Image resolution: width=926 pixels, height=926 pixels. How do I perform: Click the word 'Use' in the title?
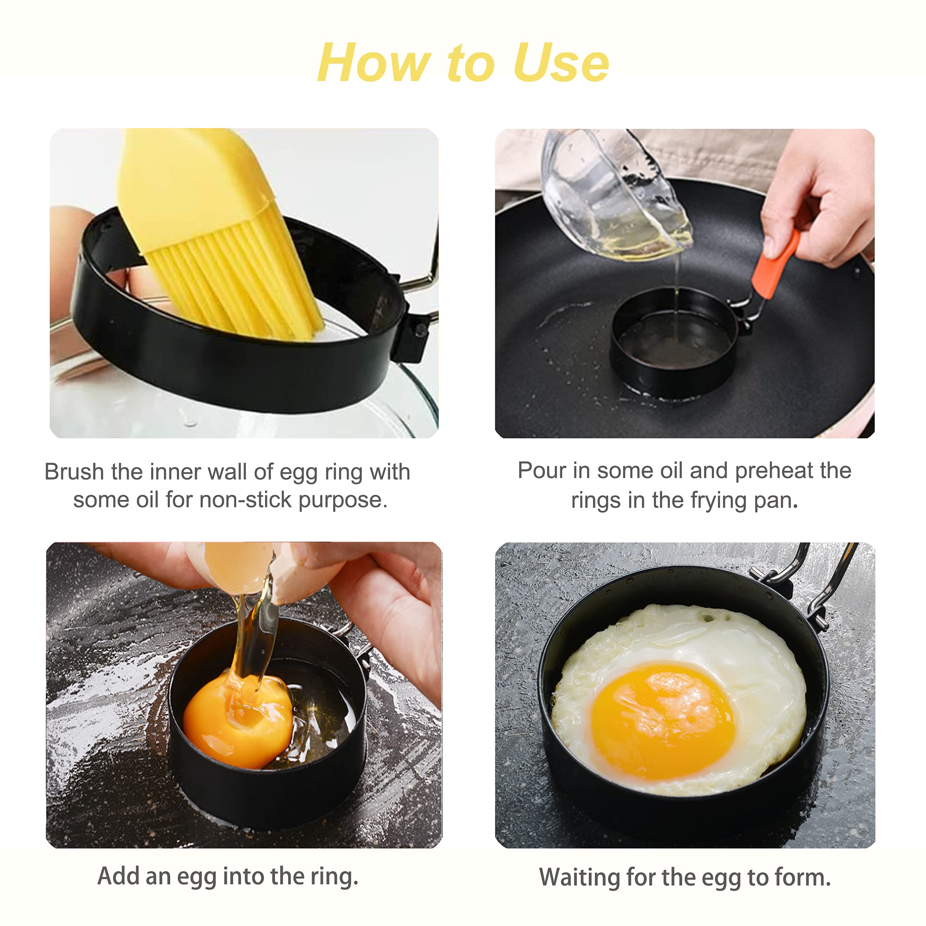click(x=561, y=63)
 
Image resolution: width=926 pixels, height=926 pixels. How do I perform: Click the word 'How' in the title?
click(x=373, y=63)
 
